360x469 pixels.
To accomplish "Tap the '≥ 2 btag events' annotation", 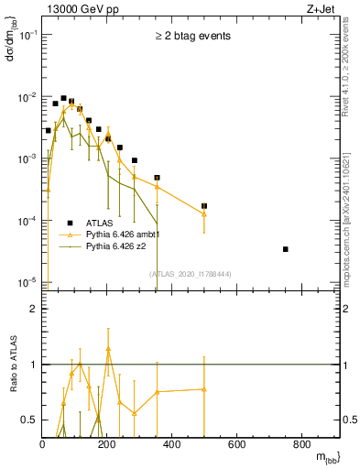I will coord(192,37).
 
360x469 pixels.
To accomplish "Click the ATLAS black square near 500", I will coord(204,206).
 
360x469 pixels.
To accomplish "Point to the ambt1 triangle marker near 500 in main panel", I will coord(204,214).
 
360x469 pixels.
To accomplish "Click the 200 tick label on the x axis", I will coord(107,445).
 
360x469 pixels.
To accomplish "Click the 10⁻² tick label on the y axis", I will coord(28,97).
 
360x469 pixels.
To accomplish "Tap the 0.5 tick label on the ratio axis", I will coord(31,420).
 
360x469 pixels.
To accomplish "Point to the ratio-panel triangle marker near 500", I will coord(204,389).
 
